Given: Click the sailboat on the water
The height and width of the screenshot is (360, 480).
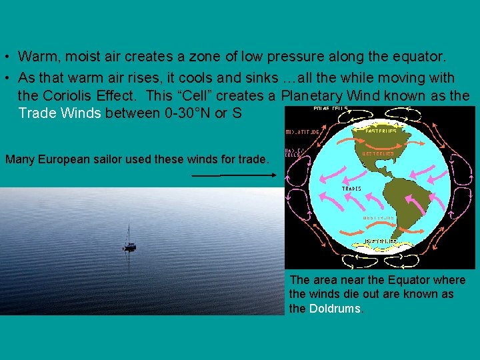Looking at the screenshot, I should [x=129, y=241].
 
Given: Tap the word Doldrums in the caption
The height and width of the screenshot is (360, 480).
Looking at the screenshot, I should [x=335, y=309].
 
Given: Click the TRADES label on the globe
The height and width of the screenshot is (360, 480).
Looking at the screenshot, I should [x=352, y=189].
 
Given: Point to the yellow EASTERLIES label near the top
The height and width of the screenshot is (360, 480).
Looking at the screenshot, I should [x=381, y=131].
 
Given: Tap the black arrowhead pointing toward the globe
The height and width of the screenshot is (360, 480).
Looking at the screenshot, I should [x=274, y=175].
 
